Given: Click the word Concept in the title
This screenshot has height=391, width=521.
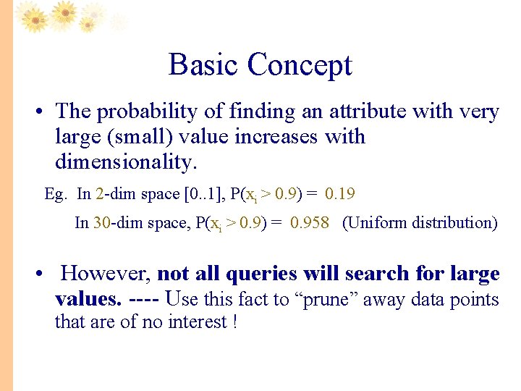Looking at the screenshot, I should (299, 65).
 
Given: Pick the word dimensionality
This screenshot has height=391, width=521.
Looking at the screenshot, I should (125, 162).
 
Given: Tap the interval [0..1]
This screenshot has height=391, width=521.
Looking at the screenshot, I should (198, 194).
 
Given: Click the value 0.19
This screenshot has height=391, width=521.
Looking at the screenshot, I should (340, 194).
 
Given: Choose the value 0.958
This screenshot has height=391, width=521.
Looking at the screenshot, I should (310, 223).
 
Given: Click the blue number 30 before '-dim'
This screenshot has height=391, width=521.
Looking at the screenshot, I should (101, 223).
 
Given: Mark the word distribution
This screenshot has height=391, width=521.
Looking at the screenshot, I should (454, 223).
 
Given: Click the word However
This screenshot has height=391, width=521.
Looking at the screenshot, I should (106, 274).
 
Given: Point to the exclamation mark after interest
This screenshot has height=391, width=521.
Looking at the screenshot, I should (235, 321).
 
